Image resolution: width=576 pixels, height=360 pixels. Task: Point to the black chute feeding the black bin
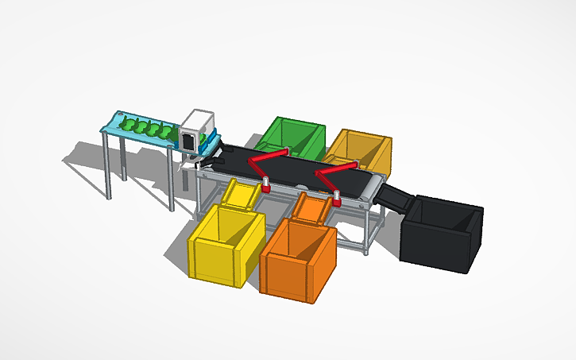(x=394, y=199)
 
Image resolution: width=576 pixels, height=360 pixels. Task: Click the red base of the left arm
(x=266, y=188)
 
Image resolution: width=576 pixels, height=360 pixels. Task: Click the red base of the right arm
(x=337, y=201)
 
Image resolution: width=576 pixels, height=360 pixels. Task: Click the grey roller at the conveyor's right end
(x=370, y=191)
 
